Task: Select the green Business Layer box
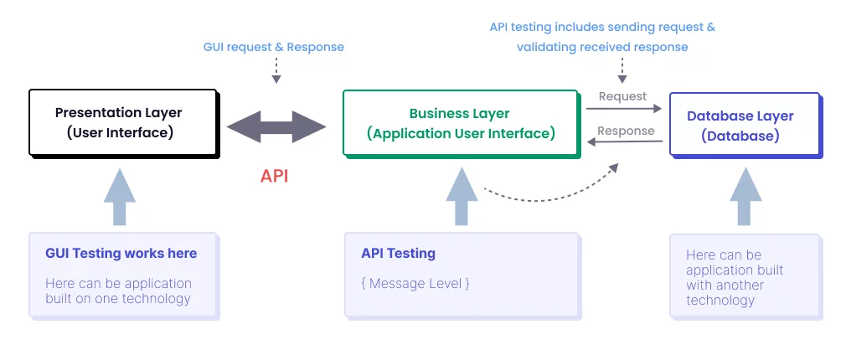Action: (x=460, y=123)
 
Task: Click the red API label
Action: (x=275, y=176)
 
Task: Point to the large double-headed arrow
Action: (x=276, y=128)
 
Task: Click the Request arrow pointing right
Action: (x=624, y=109)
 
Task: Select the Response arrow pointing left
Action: (x=624, y=142)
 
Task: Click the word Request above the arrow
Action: (x=622, y=96)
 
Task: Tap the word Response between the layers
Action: (x=626, y=131)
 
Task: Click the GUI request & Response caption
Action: (x=274, y=47)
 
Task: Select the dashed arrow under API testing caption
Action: (x=622, y=70)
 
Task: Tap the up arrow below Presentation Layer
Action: (x=120, y=197)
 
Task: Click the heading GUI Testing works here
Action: (x=121, y=253)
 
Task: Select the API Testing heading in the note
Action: (x=399, y=253)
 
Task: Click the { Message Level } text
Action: (x=415, y=283)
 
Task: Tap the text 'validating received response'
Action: (x=602, y=47)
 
